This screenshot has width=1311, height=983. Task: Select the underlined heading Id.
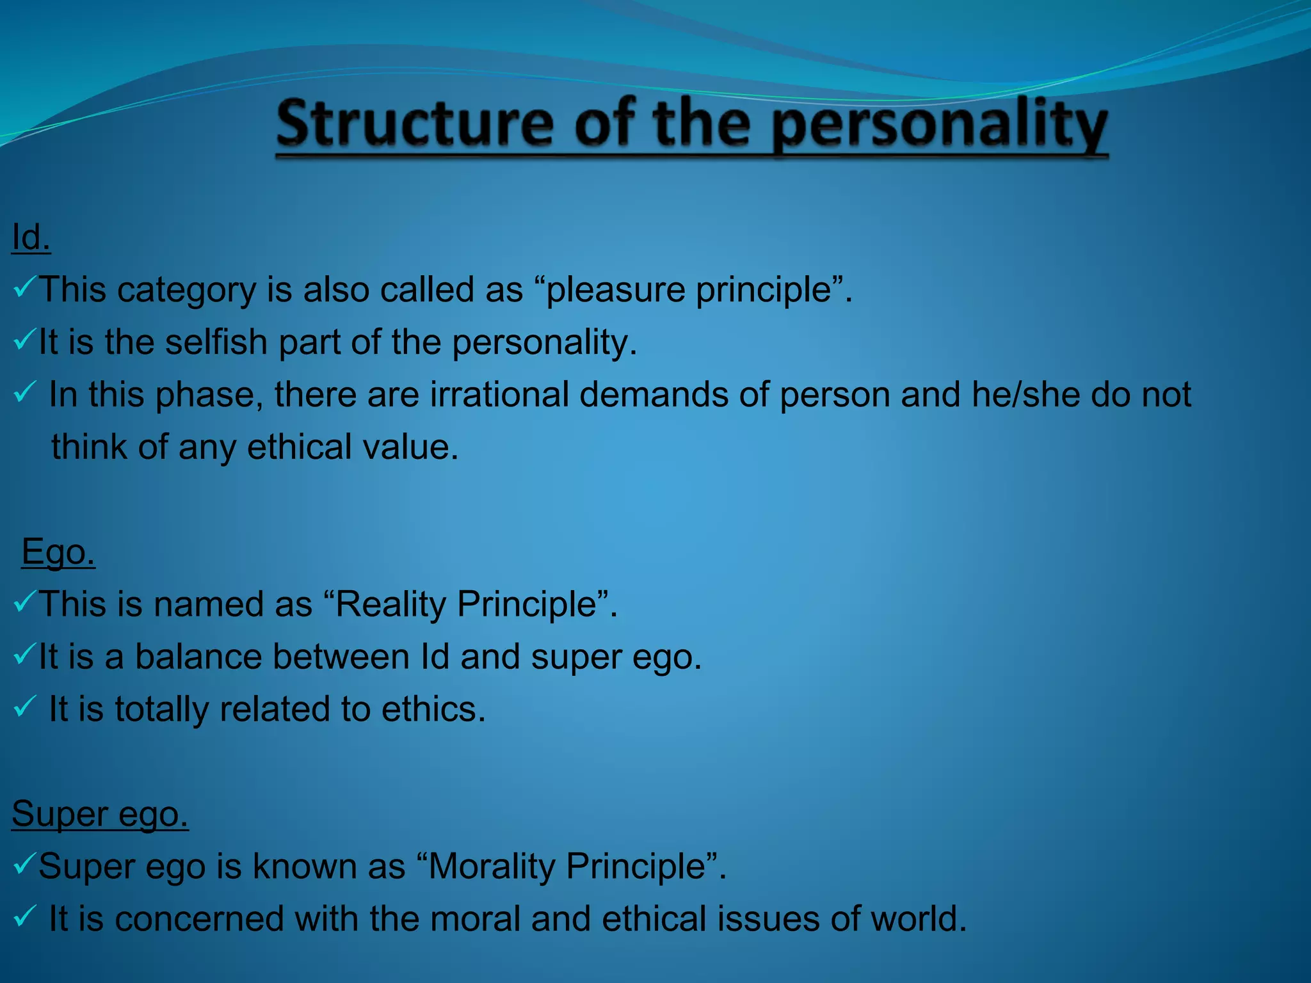pyautogui.click(x=31, y=237)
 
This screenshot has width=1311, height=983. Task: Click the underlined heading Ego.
pyautogui.click(x=58, y=552)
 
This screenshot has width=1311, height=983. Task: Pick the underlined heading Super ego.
pyautogui.click(x=100, y=814)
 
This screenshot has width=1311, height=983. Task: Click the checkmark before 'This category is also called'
pyautogui.click(x=24, y=288)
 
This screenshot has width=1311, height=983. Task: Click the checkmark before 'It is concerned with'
pyautogui.click(x=24, y=917)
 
